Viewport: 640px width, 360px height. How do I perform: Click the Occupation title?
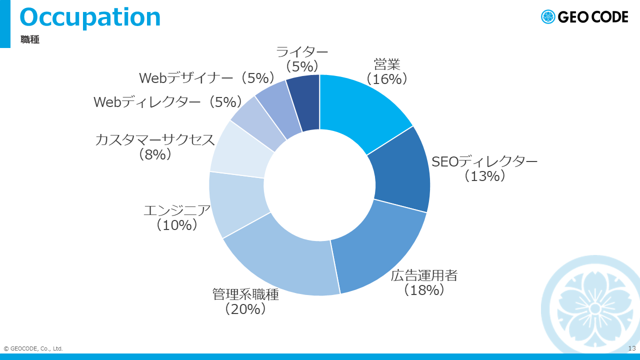[90, 17]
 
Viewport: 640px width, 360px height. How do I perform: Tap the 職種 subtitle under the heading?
[30, 39]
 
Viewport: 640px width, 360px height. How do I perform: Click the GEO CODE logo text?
[593, 17]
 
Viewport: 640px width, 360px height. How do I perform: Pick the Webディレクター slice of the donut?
[257, 124]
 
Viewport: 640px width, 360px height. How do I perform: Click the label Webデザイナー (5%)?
[207, 77]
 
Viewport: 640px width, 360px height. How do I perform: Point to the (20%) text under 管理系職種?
[245, 309]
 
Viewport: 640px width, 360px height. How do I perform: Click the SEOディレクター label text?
[484, 161]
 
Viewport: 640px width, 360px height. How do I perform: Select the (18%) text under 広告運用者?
[424, 289]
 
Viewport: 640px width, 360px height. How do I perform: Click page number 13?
[632, 348]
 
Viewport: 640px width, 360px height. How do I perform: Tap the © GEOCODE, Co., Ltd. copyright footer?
[33, 348]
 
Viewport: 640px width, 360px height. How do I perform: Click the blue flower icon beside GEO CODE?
[548, 17]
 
